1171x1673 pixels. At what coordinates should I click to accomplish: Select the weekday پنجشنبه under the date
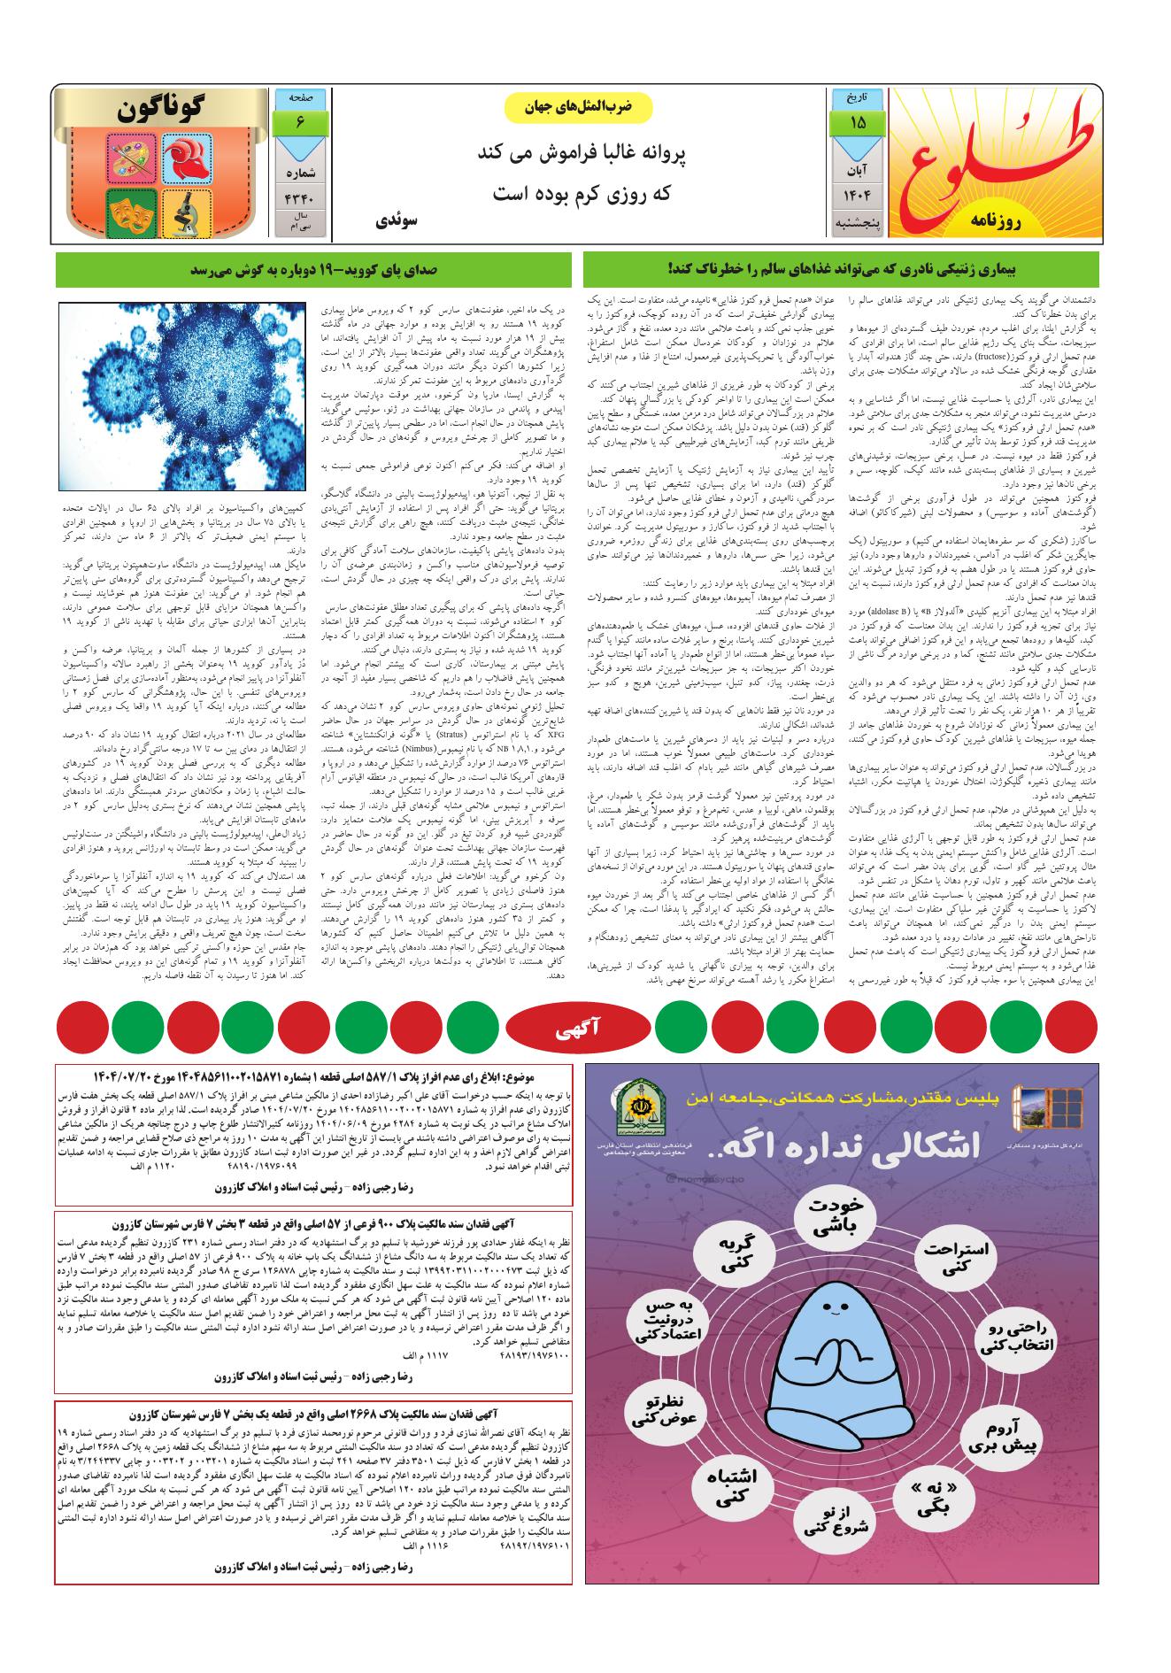(857, 225)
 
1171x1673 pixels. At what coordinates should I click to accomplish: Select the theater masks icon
(132, 211)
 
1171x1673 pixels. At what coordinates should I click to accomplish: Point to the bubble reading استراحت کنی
(959, 1256)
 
